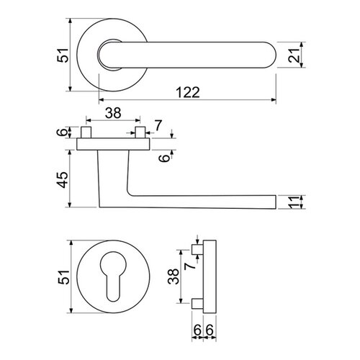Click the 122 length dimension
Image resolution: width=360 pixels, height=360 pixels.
point(185,91)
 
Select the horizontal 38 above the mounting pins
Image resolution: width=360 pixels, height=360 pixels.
point(112,112)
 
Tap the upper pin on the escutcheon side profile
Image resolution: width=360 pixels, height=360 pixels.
point(197,249)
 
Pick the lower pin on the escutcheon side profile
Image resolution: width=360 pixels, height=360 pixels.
point(197,301)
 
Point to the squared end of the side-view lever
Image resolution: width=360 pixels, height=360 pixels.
point(272,202)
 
